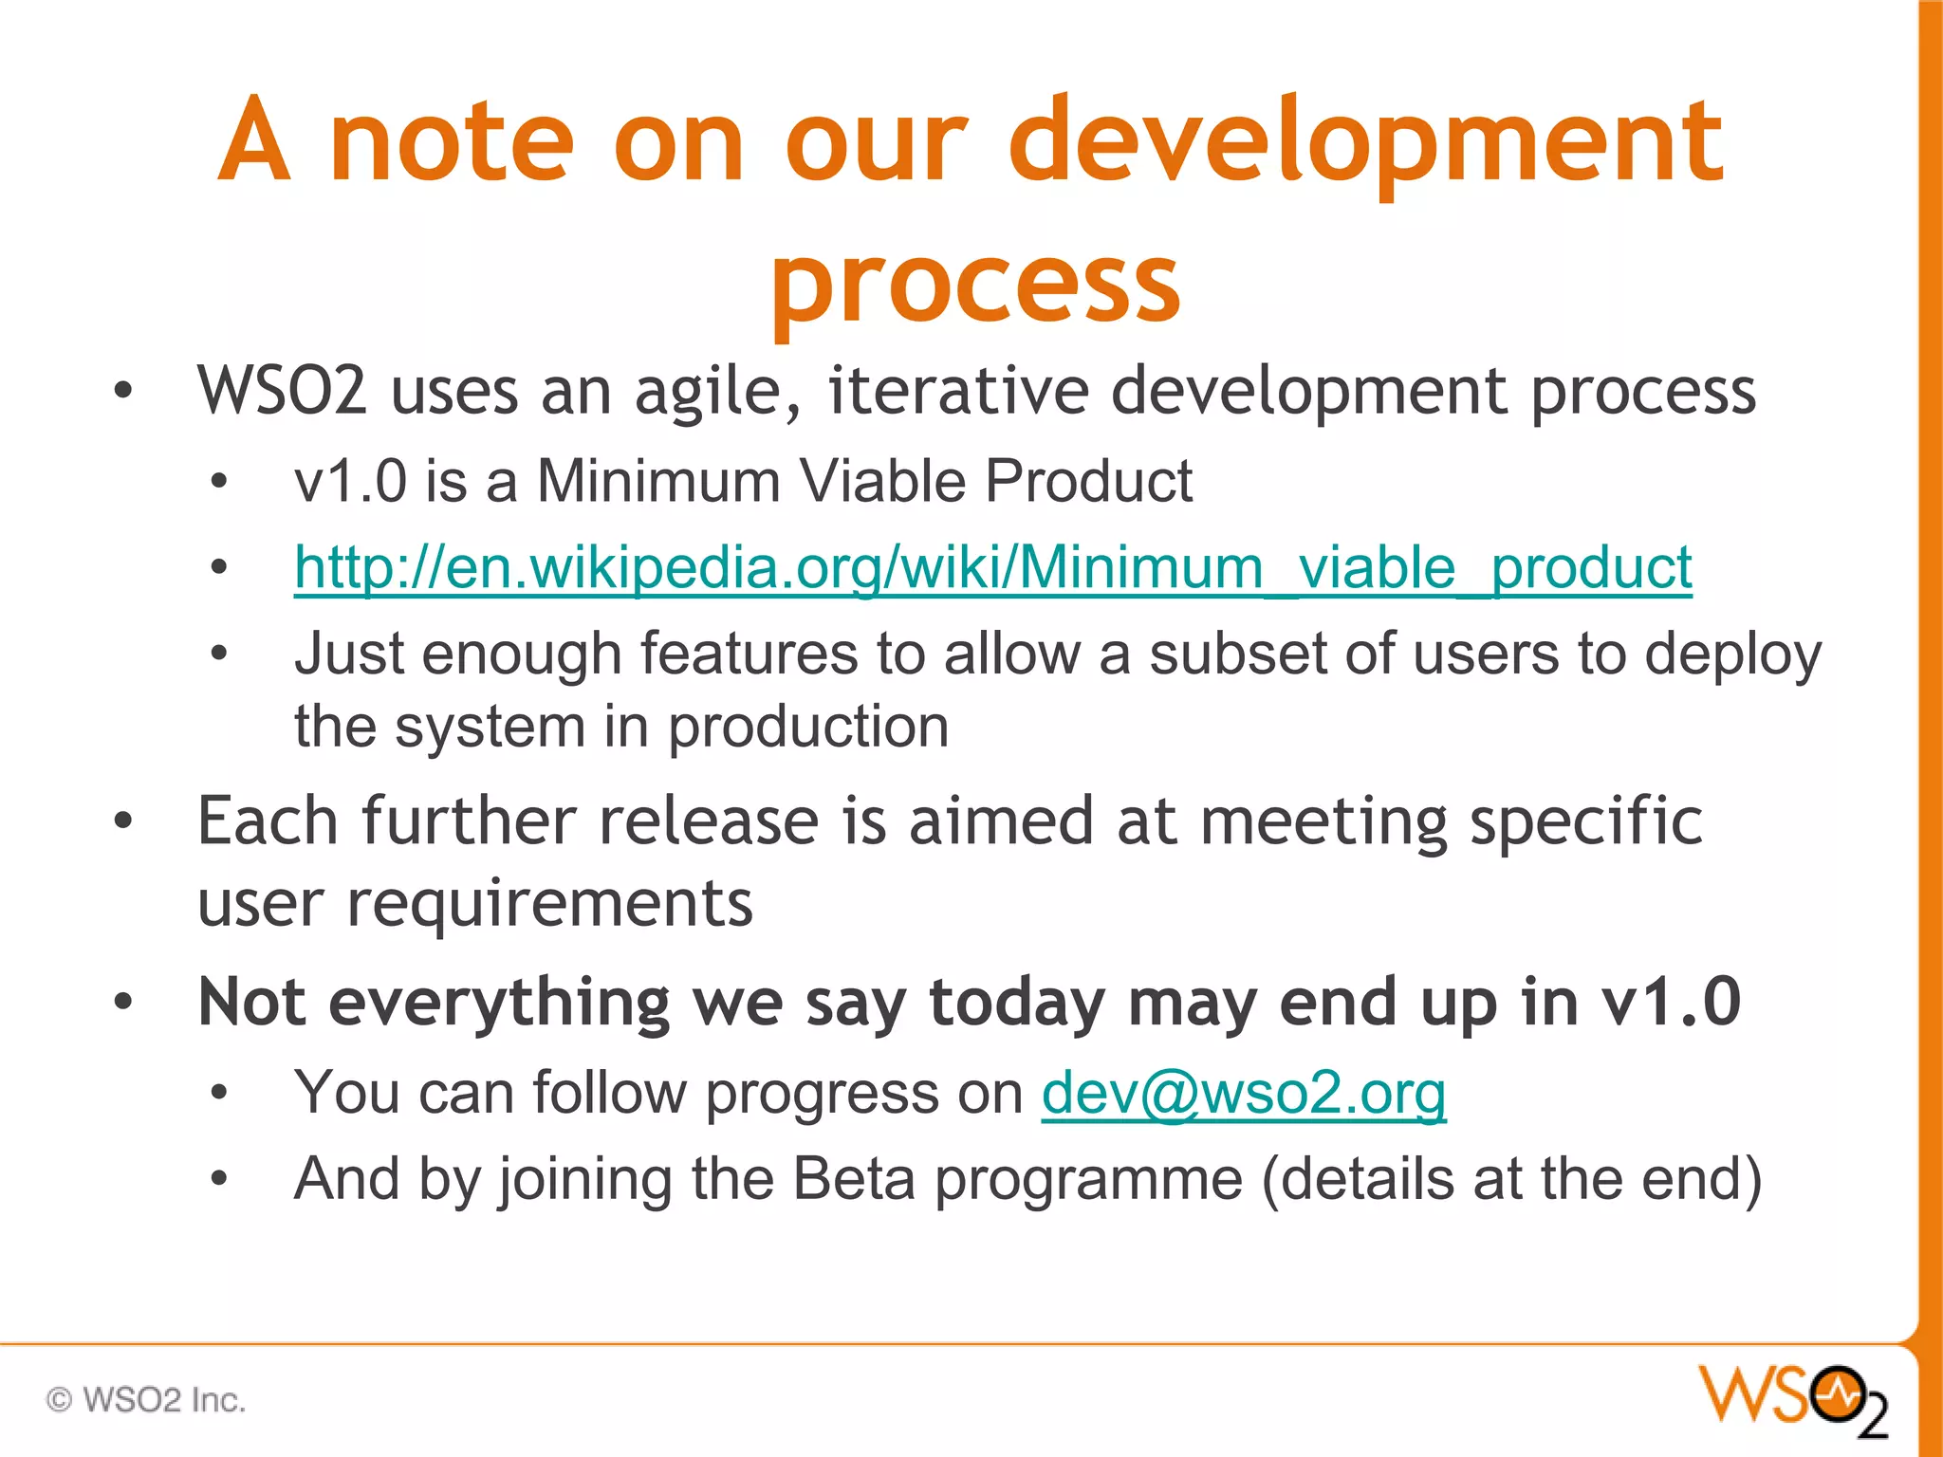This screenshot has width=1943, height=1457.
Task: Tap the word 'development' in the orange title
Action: point(1366,142)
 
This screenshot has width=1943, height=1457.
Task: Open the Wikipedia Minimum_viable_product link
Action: point(992,568)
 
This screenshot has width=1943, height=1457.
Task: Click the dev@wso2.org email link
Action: point(1243,1093)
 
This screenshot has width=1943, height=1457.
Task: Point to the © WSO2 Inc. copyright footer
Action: point(146,1400)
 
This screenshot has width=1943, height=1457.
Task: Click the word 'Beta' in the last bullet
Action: point(853,1179)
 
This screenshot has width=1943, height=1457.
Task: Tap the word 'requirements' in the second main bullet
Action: point(549,903)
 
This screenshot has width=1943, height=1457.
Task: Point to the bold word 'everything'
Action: point(499,1004)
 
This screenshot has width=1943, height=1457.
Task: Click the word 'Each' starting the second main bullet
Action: point(268,821)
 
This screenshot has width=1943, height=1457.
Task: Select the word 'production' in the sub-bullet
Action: point(808,728)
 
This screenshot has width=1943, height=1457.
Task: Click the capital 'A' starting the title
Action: point(253,142)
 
